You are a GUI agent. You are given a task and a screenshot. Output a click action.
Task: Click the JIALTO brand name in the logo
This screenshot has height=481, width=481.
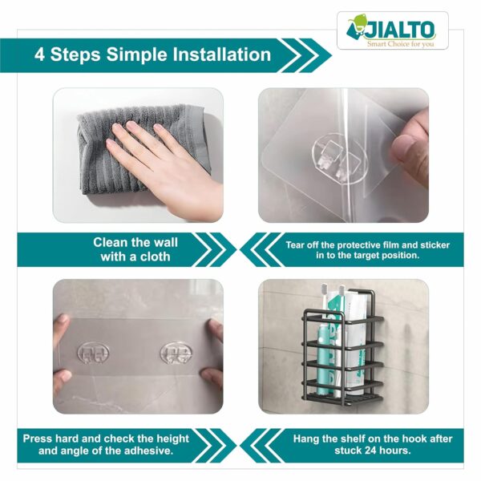(x=401, y=30)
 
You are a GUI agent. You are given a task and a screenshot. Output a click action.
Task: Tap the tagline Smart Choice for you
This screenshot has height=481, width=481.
(x=401, y=43)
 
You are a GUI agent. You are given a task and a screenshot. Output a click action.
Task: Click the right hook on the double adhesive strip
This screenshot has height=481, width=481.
(x=177, y=354)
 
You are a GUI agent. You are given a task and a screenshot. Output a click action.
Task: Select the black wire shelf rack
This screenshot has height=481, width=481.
(x=342, y=353)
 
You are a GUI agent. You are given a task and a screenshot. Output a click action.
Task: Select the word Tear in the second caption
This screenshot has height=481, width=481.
(x=299, y=244)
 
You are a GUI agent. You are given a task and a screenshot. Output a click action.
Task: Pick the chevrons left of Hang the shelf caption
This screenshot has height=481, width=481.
(x=261, y=445)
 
